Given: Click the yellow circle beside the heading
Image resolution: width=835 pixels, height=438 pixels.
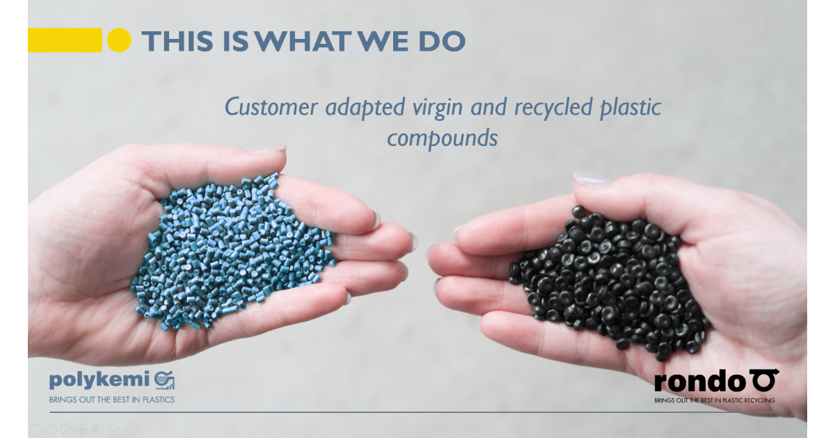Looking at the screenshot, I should (x=119, y=40).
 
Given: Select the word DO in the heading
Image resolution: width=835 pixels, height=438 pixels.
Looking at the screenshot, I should (x=442, y=41).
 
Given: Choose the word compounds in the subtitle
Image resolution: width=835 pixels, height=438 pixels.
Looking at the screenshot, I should (x=443, y=137).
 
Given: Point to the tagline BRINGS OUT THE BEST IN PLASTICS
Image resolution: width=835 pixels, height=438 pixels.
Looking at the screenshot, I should (x=111, y=400).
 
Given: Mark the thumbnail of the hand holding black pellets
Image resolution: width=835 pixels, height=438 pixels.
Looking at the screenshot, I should (x=592, y=180).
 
